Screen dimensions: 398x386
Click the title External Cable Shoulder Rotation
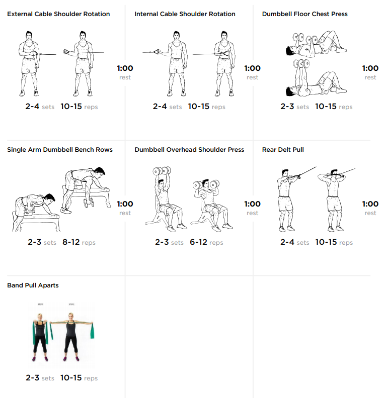58,14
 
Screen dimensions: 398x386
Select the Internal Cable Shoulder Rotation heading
185,14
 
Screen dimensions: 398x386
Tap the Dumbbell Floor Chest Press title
304,14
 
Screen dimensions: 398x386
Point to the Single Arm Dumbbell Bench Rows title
60,150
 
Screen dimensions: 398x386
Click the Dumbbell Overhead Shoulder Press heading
189,150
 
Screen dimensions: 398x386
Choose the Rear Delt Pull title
283,150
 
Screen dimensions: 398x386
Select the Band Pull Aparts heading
33,285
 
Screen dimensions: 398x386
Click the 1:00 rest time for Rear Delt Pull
370,204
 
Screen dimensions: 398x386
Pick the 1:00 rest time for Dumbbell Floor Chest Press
370,68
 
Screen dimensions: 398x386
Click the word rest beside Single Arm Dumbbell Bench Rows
125,213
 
